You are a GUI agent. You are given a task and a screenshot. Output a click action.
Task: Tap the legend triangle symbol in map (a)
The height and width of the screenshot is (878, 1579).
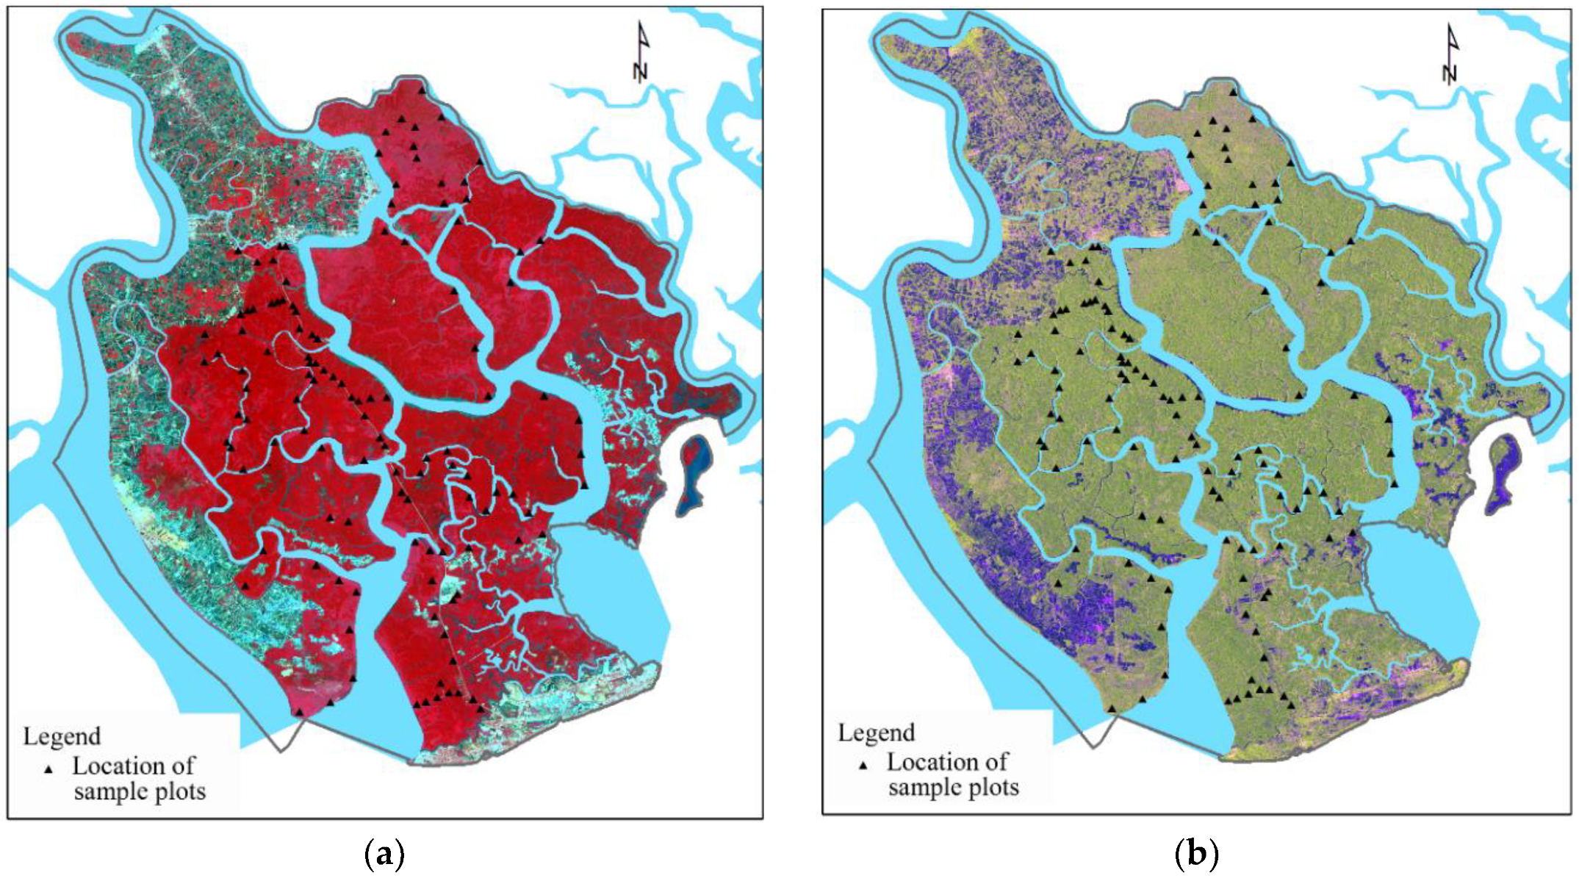(x=48, y=769)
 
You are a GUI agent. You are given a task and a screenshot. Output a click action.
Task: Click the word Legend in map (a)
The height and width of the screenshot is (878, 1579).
(x=62, y=736)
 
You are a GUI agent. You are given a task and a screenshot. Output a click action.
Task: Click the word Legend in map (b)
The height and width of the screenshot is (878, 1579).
(x=877, y=733)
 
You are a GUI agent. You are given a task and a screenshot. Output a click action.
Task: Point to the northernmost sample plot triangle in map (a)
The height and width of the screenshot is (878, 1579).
(x=421, y=90)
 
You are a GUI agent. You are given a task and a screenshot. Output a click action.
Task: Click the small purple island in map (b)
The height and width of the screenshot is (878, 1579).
(x=1503, y=474)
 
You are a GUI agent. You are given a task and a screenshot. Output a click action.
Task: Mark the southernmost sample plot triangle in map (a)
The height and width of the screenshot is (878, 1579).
(x=299, y=712)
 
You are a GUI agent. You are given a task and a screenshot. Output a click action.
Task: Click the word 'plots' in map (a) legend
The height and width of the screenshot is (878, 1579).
(x=179, y=792)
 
